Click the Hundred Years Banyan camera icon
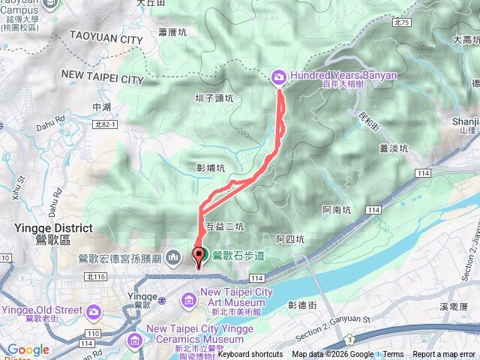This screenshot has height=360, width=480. tap(278, 76)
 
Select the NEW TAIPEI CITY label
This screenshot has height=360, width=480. tap(102, 78)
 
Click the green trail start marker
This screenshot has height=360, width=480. tap(199, 255)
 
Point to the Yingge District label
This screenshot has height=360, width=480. tap(53, 228)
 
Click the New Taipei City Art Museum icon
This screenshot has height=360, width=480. tap(187, 301)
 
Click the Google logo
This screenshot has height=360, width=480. tap(28, 349)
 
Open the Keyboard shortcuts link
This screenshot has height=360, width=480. tap(250, 355)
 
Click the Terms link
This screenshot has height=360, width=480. tap(393, 355)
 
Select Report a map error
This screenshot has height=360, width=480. tap(445, 355)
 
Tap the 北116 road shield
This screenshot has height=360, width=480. tap(95, 277)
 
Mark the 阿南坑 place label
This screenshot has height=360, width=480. tap(336, 211)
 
